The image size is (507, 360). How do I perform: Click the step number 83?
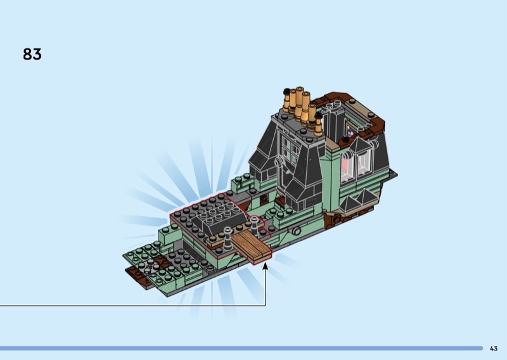click(x=32, y=54)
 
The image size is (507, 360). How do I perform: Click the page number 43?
click(x=494, y=349)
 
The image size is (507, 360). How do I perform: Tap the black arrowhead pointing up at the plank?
click(x=266, y=266)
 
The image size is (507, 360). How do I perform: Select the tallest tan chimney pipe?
click(x=299, y=103)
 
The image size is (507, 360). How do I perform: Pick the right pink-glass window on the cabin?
click(x=363, y=164)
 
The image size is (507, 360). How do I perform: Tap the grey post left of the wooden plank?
click(x=228, y=238)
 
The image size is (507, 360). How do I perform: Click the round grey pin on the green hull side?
click(x=295, y=231)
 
